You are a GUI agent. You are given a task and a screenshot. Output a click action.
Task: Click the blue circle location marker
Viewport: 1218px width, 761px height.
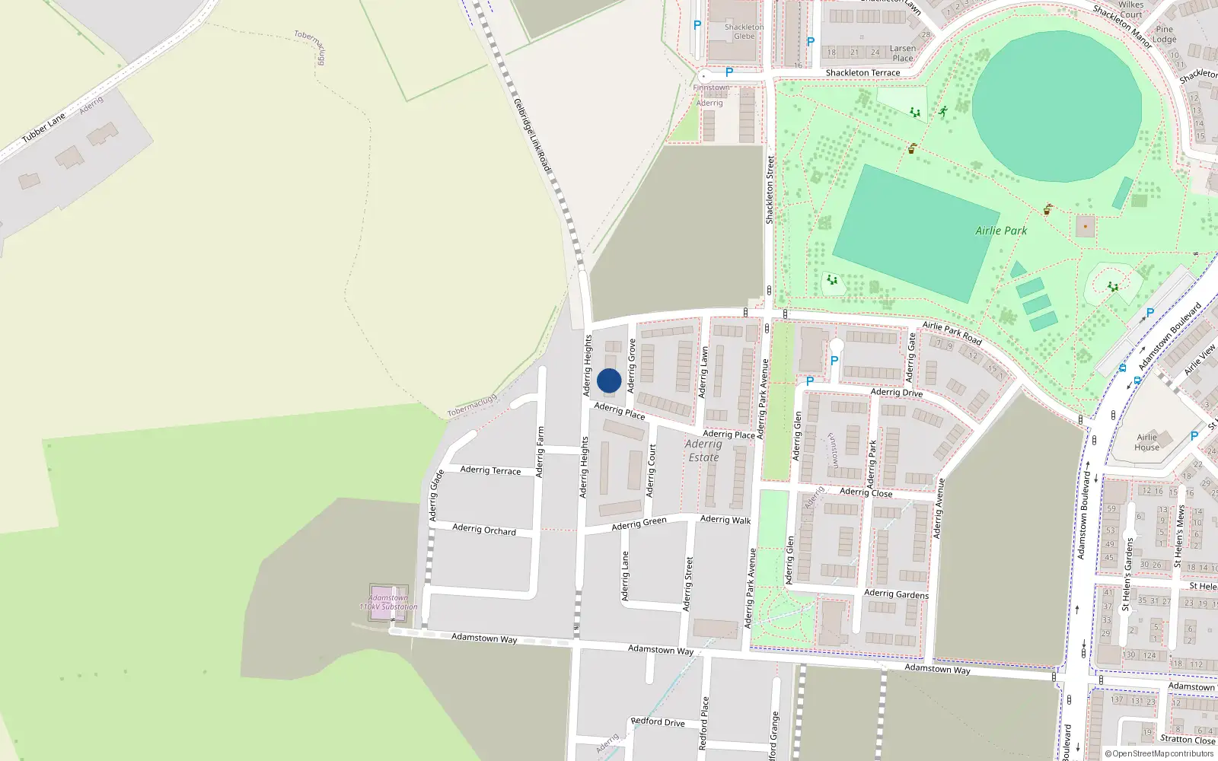click(x=609, y=380)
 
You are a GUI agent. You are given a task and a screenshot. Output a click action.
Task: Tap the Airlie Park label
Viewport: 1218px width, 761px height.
click(x=1001, y=231)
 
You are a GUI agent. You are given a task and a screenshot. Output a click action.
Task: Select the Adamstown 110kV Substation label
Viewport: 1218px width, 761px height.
click(x=388, y=602)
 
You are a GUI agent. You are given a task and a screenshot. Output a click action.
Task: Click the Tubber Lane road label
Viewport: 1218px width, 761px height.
click(x=43, y=128)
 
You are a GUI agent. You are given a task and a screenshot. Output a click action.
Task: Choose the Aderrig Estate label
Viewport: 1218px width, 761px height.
click(x=703, y=451)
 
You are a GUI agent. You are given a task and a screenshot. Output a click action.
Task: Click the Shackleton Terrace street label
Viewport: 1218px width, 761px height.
click(x=862, y=73)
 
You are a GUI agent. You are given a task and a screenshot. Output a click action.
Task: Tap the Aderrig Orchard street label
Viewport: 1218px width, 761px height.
click(x=484, y=528)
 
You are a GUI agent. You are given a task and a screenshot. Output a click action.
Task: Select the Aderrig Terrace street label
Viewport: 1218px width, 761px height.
click(x=490, y=470)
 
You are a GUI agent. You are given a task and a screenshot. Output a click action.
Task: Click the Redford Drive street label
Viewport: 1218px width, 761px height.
click(x=658, y=721)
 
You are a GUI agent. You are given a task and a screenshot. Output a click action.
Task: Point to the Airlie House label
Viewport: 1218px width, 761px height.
click(x=1146, y=442)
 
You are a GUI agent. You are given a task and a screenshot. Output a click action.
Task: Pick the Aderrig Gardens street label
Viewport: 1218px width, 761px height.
click(x=896, y=594)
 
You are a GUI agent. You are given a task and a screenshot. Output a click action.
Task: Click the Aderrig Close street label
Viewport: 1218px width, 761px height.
click(x=866, y=492)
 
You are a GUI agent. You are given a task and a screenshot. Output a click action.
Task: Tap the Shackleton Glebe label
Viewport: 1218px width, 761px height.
click(x=744, y=31)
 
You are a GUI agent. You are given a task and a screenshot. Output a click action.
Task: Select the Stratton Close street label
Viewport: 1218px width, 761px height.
click(x=1188, y=739)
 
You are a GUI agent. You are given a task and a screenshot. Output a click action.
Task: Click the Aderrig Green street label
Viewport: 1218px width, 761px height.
click(x=639, y=523)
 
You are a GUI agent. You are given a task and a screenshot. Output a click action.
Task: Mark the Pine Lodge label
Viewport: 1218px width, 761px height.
click(x=1164, y=34)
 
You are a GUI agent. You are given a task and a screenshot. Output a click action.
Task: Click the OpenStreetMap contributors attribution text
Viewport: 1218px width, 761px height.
click(x=1159, y=754)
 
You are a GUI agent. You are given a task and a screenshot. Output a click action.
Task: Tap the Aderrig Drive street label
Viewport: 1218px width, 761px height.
click(x=896, y=393)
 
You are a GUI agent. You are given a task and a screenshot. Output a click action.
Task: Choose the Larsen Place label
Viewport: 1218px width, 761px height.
click(x=903, y=53)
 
